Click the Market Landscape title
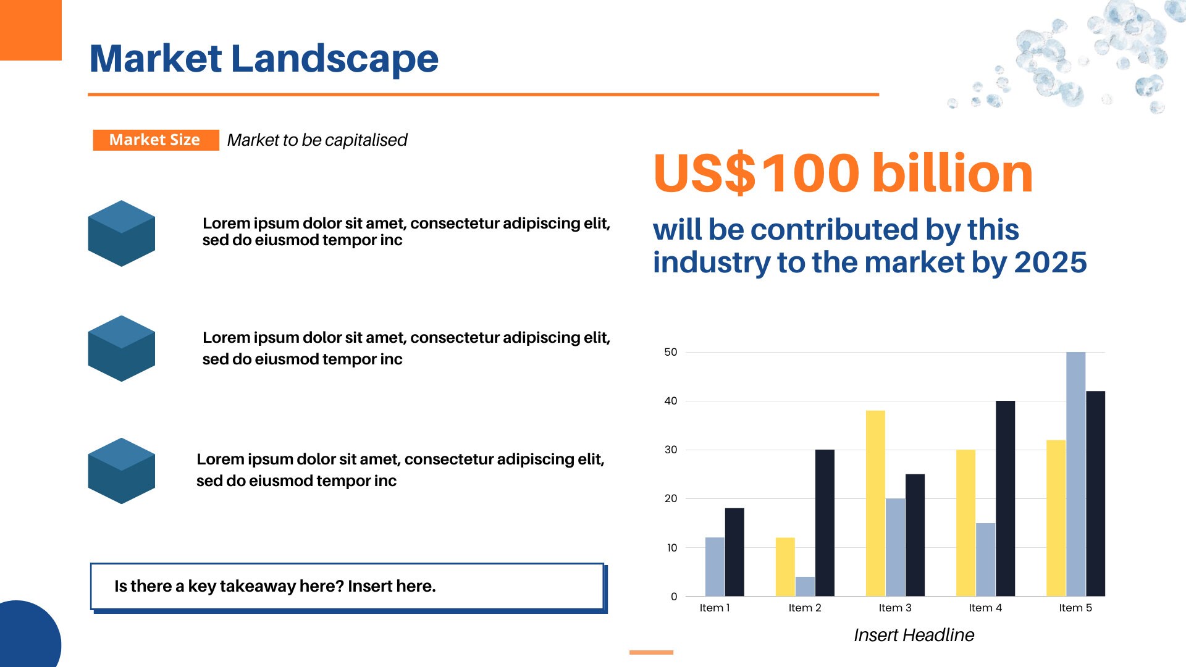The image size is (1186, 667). click(x=264, y=59)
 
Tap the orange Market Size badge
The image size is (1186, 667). click(x=156, y=140)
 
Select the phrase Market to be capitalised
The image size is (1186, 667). click(x=317, y=140)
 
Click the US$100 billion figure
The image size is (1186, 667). click(x=843, y=173)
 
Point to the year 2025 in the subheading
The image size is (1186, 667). click(x=1050, y=262)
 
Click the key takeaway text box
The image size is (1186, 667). click(x=348, y=587)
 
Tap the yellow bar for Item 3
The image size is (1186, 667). click(x=875, y=503)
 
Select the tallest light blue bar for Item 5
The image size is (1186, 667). click(x=1075, y=474)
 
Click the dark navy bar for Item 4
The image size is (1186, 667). click(x=1005, y=498)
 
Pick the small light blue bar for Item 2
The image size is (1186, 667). click(x=805, y=586)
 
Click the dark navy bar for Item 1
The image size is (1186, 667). click(x=734, y=552)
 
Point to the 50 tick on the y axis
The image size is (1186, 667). click(x=671, y=352)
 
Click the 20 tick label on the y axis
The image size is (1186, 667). click(x=671, y=498)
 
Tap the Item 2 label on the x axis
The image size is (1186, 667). click(x=805, y=608)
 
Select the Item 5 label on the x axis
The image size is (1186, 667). click(x=1075, y=608)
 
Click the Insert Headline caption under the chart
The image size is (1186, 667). click(x=914, y=635)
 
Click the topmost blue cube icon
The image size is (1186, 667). click(x=122, y=233)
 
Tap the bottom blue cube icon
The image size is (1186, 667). click(x=122, y=471)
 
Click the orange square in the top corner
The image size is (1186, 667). click(x=31, y=30)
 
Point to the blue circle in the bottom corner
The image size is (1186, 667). click(x=28, y=636)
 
